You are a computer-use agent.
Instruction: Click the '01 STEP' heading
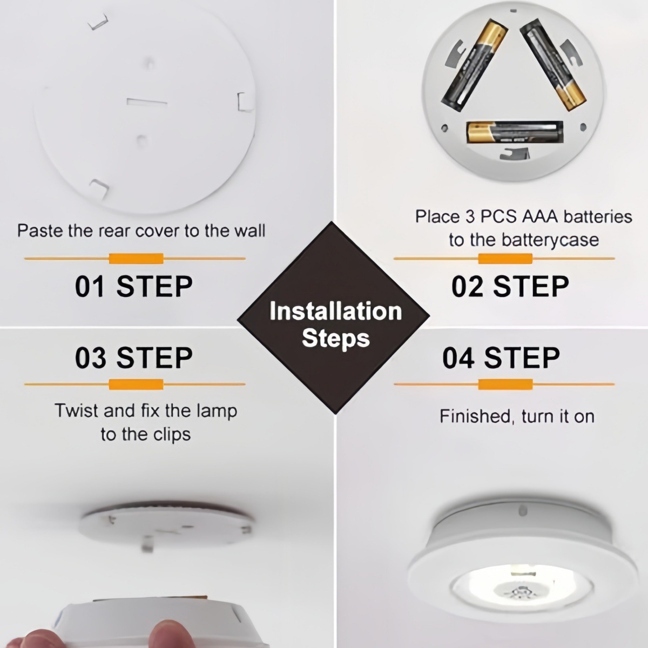point(133,286)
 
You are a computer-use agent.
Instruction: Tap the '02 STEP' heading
point(510,286)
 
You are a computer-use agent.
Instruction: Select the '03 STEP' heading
point(133,357)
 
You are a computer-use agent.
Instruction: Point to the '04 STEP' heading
point(501,357)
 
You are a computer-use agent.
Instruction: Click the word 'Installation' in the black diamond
point(335,312)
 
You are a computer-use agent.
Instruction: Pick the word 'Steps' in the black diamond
point(335,338)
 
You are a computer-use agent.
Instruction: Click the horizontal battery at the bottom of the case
point(514,132)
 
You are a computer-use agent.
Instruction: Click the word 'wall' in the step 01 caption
point(249,231)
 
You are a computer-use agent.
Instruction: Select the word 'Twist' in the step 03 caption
point(77,410)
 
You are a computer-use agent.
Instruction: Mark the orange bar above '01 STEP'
point(136,259)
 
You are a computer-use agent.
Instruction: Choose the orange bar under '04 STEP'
point(505,384)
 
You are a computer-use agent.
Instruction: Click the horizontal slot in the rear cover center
point(147,102)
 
